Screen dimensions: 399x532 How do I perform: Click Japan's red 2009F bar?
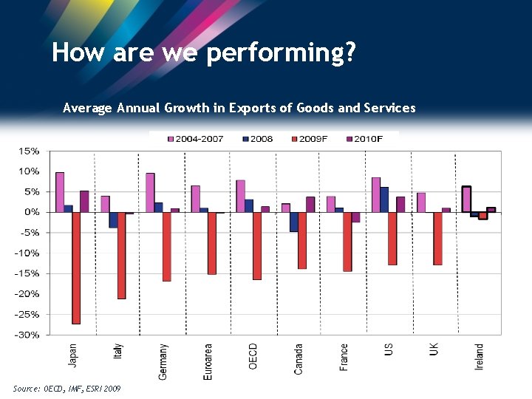pos(76,267)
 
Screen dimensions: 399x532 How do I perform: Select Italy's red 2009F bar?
pos(121,255)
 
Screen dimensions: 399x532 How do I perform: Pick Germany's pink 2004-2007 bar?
pos(150,192)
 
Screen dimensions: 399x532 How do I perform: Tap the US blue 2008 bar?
pos(384,199)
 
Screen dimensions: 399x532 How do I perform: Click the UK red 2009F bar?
pos(437,238)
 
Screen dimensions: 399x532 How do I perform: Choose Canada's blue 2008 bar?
pos(293,222)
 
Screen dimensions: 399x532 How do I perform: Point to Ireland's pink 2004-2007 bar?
pos(466,199)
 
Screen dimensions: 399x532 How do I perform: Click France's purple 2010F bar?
pos(355,217)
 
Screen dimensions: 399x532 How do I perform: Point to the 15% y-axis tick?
pos(30,151)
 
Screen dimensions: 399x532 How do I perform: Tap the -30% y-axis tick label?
pos(27,335)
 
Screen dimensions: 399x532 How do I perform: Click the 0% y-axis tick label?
pos(32,212)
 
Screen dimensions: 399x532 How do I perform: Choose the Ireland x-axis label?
pos(479,356)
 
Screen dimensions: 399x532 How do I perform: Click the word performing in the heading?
pos(282,52)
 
